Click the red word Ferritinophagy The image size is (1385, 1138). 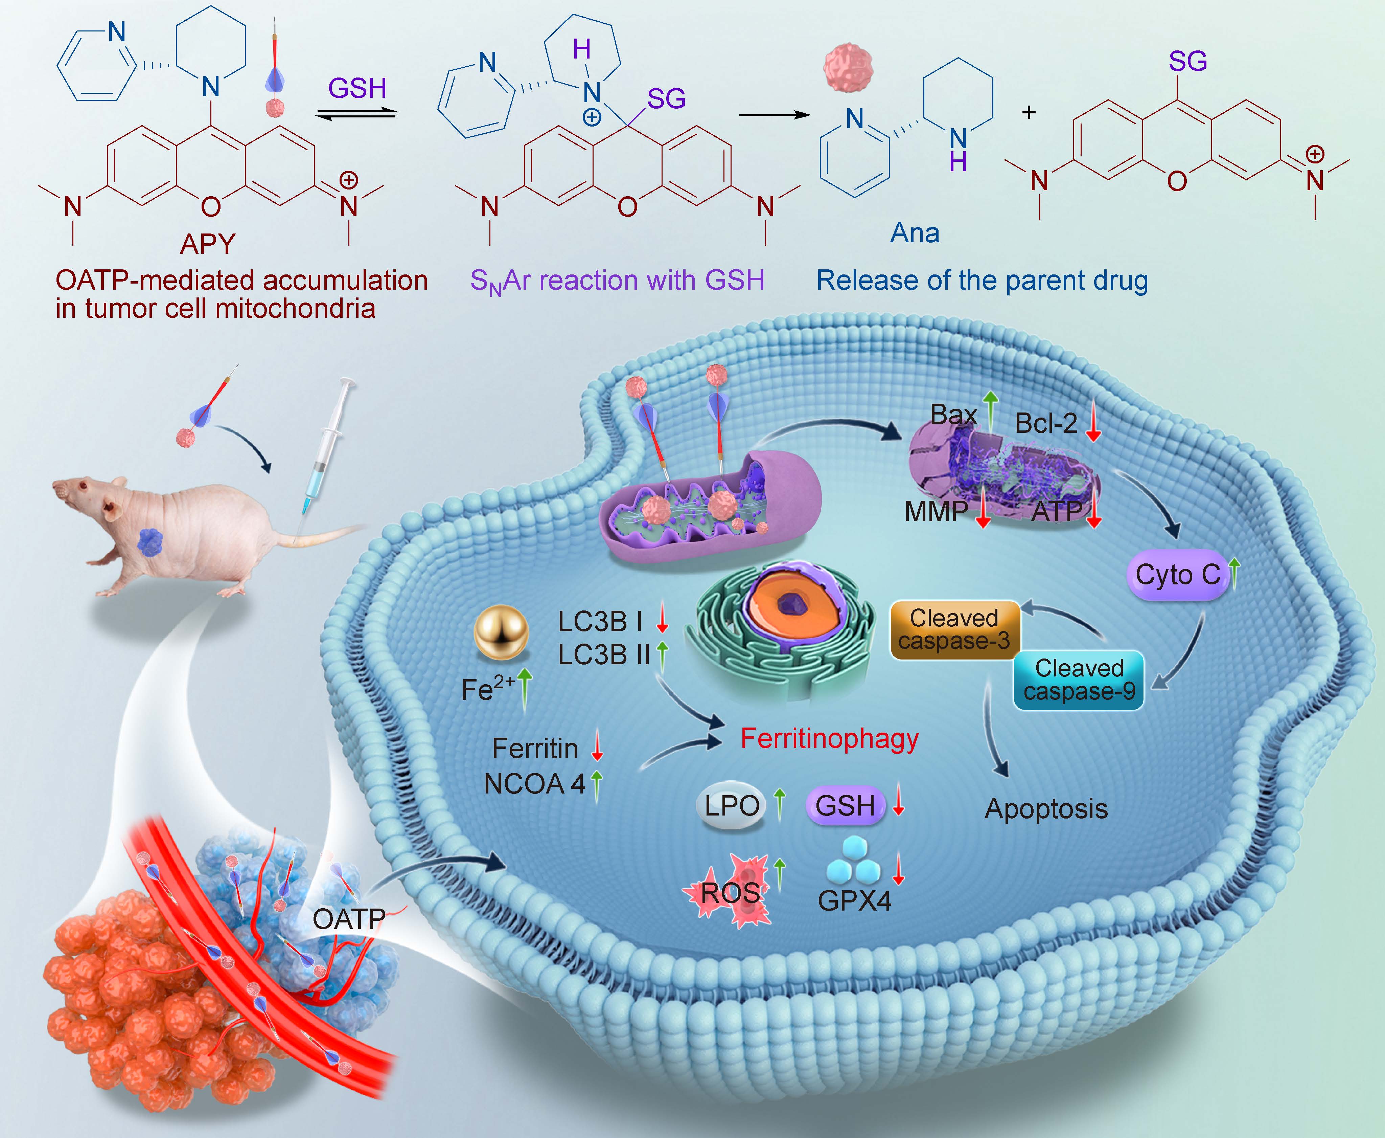click(x=829, y=739)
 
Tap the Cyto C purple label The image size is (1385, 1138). click(x=1177, y=575)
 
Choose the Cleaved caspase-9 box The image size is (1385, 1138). click(x=1079, y=680)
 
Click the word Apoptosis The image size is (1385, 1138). click(x=1046, y=809)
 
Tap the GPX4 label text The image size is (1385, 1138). click(x=854, y=901)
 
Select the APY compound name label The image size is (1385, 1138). click(x=208, y=244)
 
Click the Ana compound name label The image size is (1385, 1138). click(x=915, y=233)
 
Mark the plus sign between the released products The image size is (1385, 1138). click(x=1029, y=113)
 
